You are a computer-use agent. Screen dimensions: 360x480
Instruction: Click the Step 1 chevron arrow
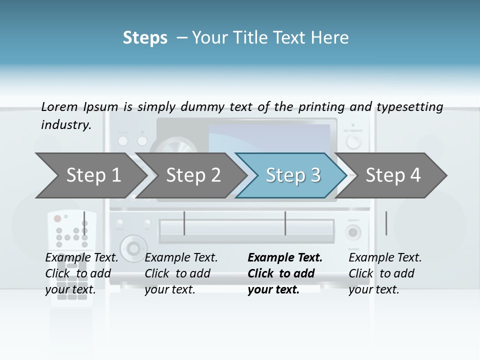pyautogui.click(x=90, y=175)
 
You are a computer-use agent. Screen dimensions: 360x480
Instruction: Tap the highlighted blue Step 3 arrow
pyautogui.click(x=292, y=175)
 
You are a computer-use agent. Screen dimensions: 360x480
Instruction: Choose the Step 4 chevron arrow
pyautogui.click(x=393, y=175)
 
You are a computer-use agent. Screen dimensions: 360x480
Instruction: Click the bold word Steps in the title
pyautogui.click(x=145, y=38)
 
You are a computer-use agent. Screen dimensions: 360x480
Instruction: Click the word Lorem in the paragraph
pyautogui.click(x=59, y=106)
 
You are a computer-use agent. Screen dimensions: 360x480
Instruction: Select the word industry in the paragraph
pyautogui.click(x=65, y=125)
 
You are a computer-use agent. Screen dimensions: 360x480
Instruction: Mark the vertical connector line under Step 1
pyautogui.click(x=84, y=223)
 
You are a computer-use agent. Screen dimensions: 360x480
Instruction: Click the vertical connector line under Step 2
pyautogui.click(x=184, y=223)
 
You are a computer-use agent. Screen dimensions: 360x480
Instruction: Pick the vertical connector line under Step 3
pyautogui.click(x=285, y=223)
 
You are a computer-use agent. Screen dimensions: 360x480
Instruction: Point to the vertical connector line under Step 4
pyautogui.click(x=386, y=223)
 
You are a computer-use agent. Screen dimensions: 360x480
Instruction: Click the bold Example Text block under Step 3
pyautogui.click(x=285, y=273)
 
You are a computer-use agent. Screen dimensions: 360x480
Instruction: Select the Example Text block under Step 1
pyautogui.click(x=82, y=273)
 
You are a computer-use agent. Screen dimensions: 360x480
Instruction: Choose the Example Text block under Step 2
pyautogui.click(x=181, y=273)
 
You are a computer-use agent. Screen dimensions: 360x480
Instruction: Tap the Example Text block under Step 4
pyautogui.click(x=385, y=273)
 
